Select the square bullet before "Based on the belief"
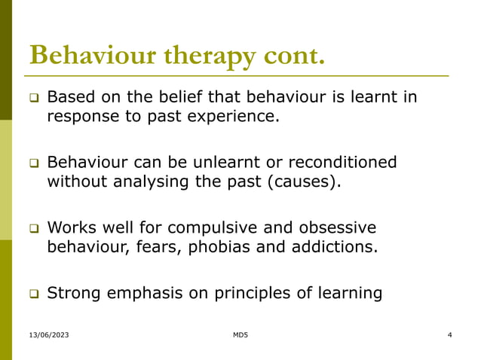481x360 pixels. click(34, 99)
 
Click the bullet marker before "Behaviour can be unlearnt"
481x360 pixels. click(34, 163)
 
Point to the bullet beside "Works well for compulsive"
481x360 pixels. click(34, 228)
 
